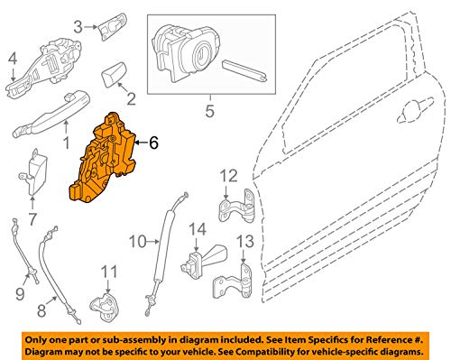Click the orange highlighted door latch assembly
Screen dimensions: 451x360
pos(102,160)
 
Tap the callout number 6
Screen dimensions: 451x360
pos(153,143)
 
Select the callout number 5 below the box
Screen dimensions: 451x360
pos(210,111)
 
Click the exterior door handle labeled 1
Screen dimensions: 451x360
pos(51,114)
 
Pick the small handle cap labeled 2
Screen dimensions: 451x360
pos(114,75)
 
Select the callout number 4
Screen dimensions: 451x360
pos(13,60)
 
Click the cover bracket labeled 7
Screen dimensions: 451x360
pos(33,171)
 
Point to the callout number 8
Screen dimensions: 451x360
pos(41,310)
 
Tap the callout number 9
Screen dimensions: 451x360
pos(20,293)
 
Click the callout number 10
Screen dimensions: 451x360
pos(138,242)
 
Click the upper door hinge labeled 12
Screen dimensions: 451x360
pos(236,206)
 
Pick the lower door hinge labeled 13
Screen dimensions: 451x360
pos(233,281)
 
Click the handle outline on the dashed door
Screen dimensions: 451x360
pos(415,110)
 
